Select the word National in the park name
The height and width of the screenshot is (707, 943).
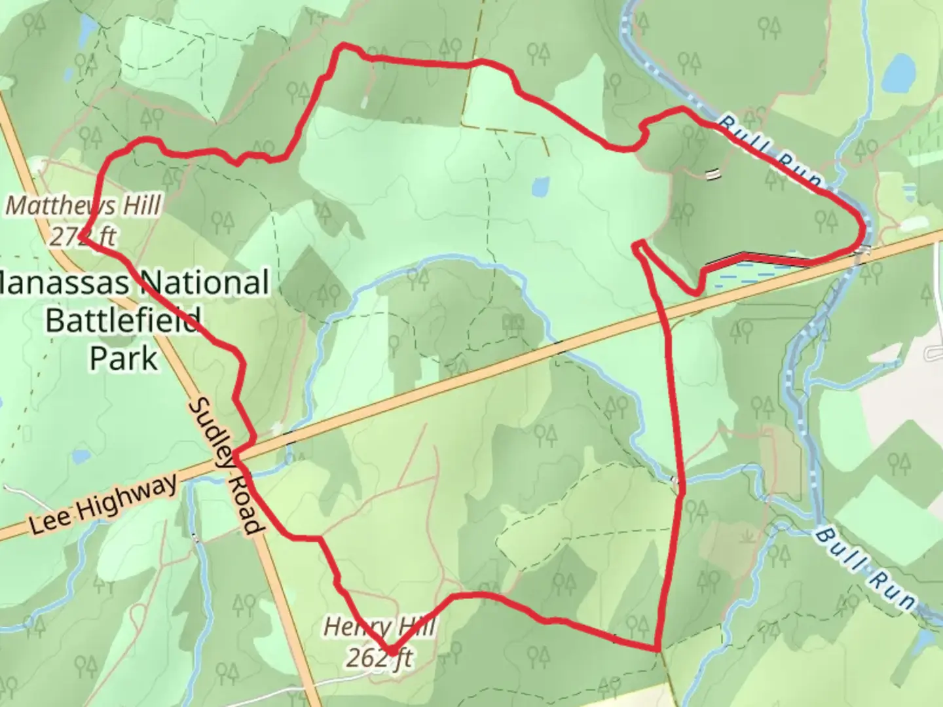pyautogui.click(x=203, y=283)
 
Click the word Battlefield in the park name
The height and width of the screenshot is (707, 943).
pyautogui.click(x=122, y=321)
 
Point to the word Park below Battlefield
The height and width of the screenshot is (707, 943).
pyautogui.click(x=124, y=358)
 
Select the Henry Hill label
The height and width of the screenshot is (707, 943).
pyautogui.click(x=379, y=627)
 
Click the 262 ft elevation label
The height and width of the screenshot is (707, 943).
pyautogui.click(x=379, y=657)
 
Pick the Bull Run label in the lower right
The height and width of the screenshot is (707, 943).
pyautogui.click(x=864, y=570)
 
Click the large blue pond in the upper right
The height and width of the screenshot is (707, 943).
pyautogui.click(x=898, y=73)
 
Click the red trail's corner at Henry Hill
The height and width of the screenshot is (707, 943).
pyautogui.click(x=391, y=652)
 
